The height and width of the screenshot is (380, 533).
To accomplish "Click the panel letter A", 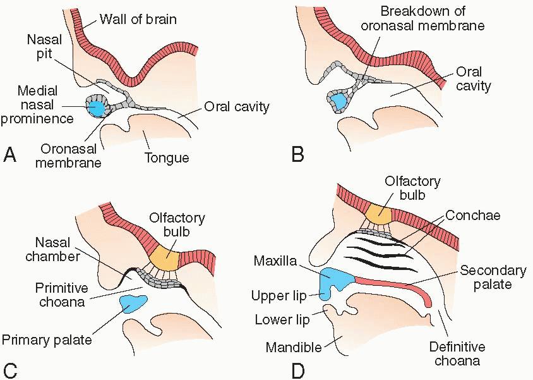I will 10,154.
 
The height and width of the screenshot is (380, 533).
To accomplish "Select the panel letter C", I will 10,369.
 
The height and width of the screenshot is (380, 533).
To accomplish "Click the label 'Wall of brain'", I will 138,19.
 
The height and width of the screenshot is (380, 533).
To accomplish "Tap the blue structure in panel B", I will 338,100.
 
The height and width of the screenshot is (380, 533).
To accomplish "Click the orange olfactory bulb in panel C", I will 163,254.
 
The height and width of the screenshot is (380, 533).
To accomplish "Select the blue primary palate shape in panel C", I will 132,303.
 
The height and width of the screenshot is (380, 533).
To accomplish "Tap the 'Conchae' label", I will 472,216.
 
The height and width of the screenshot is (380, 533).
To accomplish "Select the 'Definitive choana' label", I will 457,353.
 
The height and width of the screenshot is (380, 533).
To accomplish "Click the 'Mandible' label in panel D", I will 292,348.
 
